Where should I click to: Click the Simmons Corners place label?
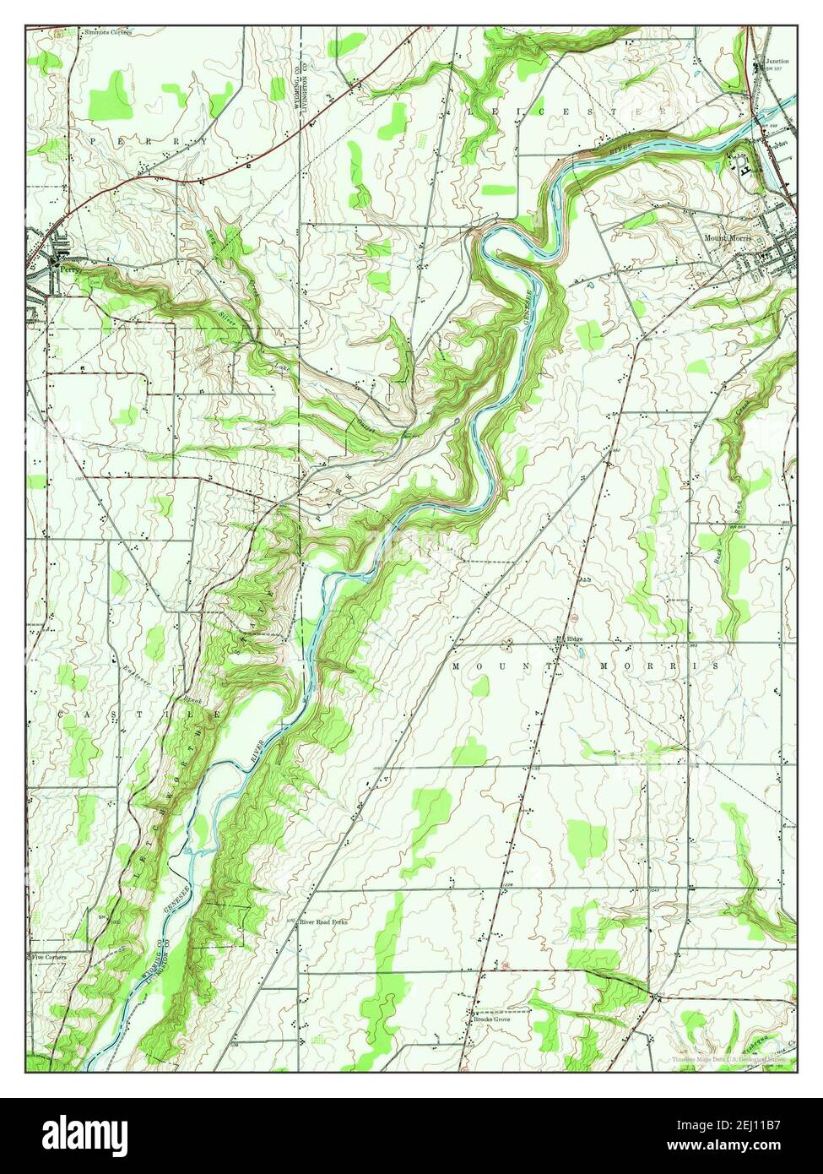click(108, 32)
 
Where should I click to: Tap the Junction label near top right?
click(777, 62)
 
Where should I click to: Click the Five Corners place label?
click(49, 957)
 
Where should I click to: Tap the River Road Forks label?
click(324, 923)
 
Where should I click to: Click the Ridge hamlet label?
click(574, 639)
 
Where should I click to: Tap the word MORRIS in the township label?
click(674, 666)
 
